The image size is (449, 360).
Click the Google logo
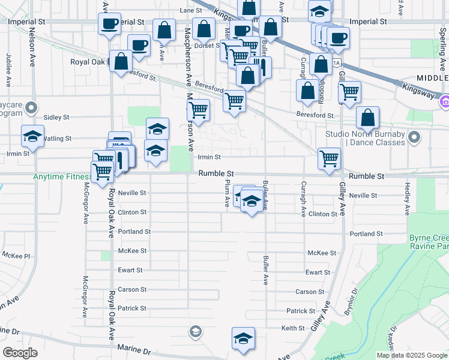click(x=20, y=353)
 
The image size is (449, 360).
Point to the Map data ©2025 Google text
click(x=411, y=355)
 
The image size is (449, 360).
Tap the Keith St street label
click(x=293, y=328)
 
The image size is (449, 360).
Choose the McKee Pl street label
click(x=16, y=256)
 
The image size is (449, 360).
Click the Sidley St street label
click(x=56, y=118)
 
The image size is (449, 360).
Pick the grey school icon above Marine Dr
click(x=195, y=331)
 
